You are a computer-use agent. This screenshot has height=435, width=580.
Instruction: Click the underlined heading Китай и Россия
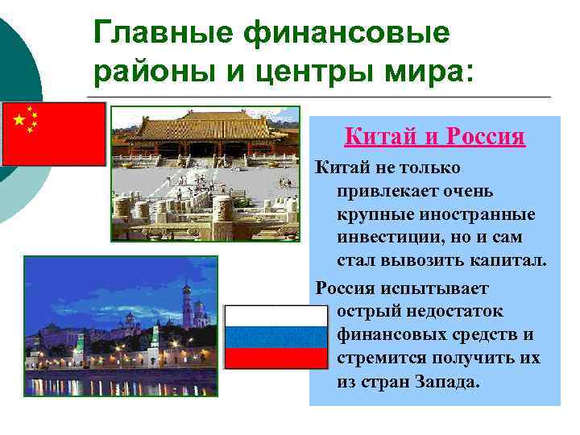tap(434, 137)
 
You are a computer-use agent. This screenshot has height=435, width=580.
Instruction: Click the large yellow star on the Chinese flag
tap(19, 121)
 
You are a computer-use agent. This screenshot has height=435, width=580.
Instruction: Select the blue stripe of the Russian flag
tap(275, 337)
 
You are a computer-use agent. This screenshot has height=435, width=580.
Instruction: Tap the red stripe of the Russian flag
tap(275, 358)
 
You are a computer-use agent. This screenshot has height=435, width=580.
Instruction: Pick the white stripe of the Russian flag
tap(275, 317)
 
